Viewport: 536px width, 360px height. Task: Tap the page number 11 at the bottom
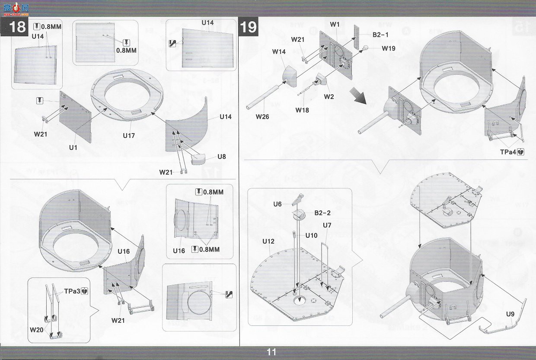point(271,352)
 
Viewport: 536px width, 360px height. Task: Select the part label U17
point(129,136)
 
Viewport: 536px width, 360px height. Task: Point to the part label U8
point(222,157)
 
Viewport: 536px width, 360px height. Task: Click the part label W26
point(262,117)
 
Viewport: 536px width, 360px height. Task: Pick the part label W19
point(389,48)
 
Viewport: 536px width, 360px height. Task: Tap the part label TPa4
point(508,152)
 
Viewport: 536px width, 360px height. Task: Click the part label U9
point(510,314)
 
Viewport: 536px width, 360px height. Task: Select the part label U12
point(268,241)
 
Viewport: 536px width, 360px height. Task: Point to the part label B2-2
point(322,213)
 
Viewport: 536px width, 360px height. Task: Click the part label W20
point(37,330)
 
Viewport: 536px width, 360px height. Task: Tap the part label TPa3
point(72,291)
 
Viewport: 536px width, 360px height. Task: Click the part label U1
point(73,148)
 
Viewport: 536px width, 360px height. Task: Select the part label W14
point(279,52)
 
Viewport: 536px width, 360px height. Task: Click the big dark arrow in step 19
point(358,96)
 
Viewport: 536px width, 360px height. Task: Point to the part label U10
point(311,236)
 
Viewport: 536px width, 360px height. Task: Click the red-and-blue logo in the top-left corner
point(16,9)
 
